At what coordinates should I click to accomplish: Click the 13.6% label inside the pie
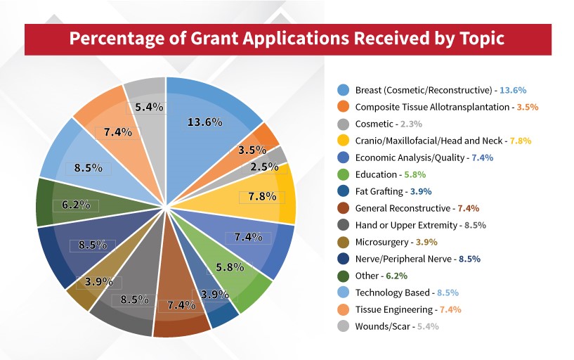coord(204,122)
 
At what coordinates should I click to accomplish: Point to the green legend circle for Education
coord(343,174)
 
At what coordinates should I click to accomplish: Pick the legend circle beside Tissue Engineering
coord(343,309)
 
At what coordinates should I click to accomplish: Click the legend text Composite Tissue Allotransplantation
coord(431,107)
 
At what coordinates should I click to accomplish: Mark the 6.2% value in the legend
coord(398,276)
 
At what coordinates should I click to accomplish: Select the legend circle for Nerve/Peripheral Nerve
coord(343,259)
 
